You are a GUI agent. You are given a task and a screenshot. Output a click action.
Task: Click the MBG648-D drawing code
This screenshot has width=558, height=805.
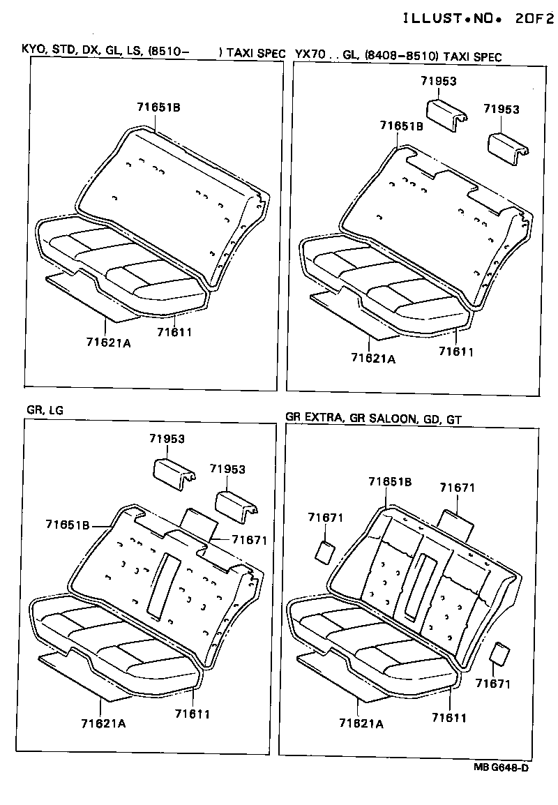tap(501, 767)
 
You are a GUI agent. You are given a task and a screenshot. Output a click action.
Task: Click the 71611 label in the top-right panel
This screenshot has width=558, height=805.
tap(455, 352)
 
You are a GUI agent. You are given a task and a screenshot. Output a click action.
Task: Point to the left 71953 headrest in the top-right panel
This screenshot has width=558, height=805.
tap(447, 113)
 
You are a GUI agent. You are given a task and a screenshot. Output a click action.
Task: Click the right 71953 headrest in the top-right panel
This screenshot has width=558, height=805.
tap(506, 147)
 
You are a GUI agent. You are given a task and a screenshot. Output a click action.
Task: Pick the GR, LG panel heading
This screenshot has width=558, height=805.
tap(45, 410)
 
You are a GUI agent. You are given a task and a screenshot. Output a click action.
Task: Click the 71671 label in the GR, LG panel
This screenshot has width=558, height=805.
tap(249, 540)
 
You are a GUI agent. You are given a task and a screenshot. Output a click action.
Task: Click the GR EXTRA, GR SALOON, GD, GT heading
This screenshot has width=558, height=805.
tap(374, 418)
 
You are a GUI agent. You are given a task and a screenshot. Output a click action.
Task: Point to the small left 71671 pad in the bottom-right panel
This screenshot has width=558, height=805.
tap(324, 551)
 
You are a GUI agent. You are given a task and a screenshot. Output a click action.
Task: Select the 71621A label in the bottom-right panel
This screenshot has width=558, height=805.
tap(361, 723)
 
